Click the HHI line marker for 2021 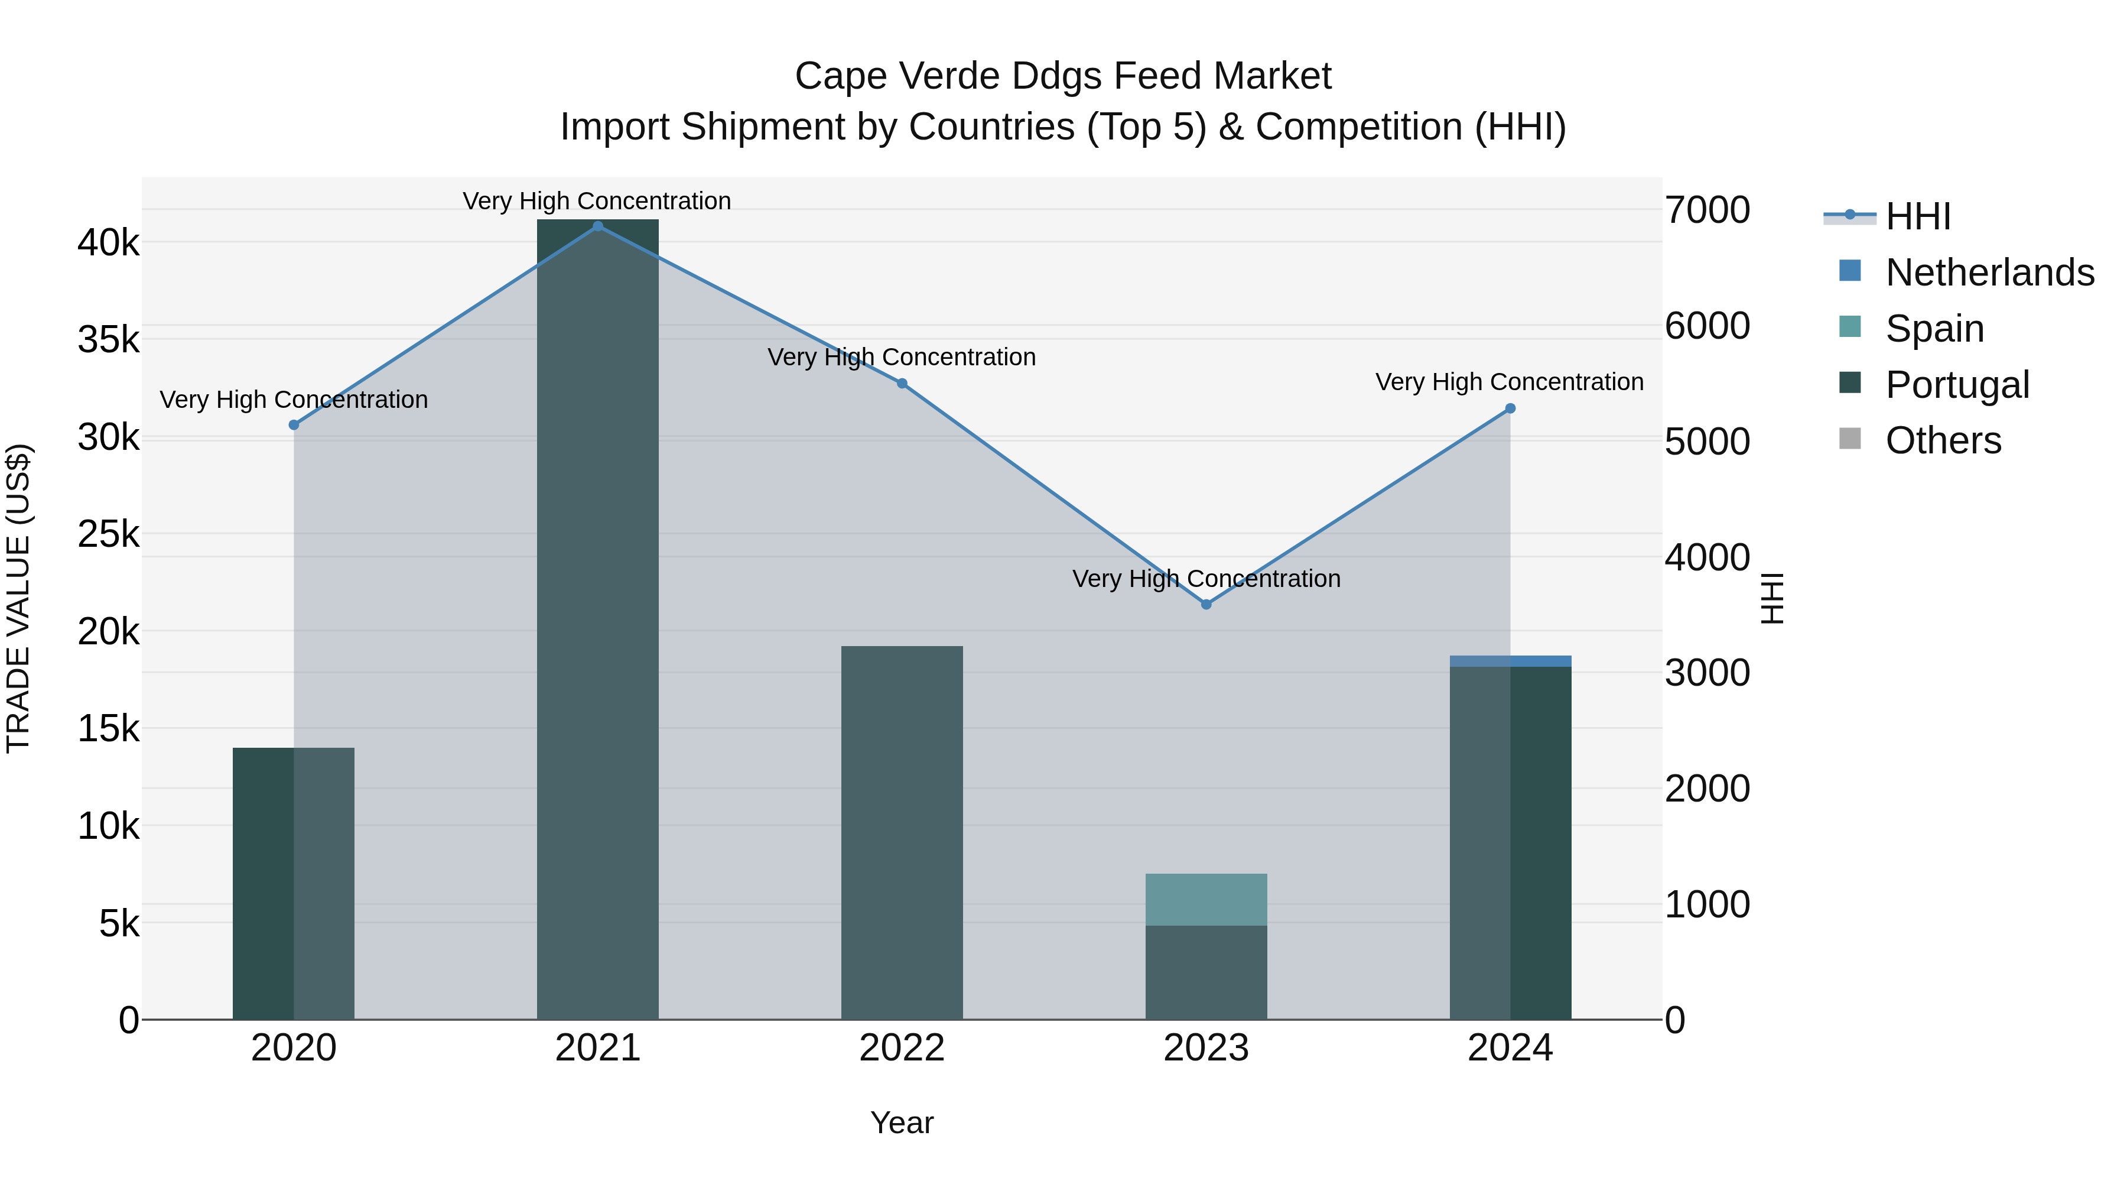click(598, 226)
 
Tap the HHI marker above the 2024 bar click(1510, 408)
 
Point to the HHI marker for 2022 click(902, 383)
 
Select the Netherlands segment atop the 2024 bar click(1510, 661)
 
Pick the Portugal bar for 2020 click(293, 884)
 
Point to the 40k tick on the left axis click(108, 243)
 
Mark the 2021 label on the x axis click(598, 1048)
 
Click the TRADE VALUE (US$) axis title click(18, 598)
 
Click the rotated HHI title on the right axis click(1772, 598)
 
